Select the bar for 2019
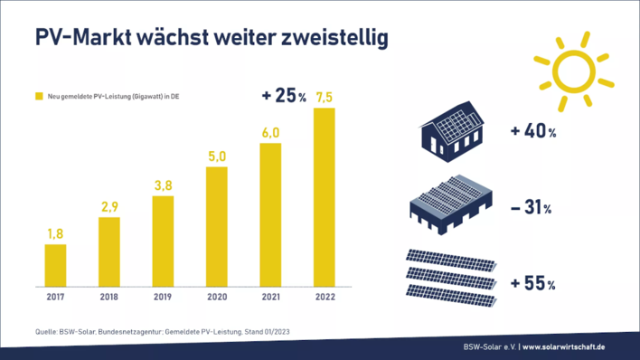[x=163, y=240]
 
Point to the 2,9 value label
[x=108, y=207]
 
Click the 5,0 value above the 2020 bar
[x=216, y=156]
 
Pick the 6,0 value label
[x=270, y=133]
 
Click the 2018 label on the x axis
[x=108, y=295]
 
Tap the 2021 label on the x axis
[x=270, y=295]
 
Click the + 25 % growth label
[x=284, y=95]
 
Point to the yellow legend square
[x=39, y=95]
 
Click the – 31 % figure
[x=532, y=207]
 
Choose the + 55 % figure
[x=532, y=283]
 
